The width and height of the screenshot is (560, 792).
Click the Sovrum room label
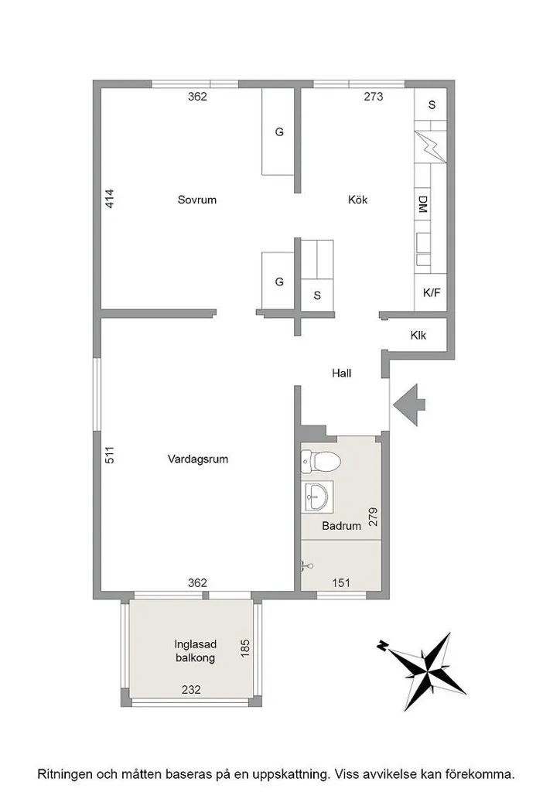197,200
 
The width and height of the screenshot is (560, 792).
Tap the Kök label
357,200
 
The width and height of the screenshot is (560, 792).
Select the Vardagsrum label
197,459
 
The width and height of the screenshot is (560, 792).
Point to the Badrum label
341,526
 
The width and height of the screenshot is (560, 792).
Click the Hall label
341,374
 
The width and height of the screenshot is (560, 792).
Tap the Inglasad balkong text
196,651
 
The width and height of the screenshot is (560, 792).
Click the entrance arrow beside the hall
409,404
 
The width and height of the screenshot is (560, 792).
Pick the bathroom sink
317,497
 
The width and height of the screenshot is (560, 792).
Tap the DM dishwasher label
423,204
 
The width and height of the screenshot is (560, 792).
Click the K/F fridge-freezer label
432,292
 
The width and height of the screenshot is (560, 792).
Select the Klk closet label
418,335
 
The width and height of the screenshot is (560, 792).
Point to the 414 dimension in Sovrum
110,199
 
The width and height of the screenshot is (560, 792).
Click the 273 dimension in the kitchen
374,97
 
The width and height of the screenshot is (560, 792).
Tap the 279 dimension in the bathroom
373,517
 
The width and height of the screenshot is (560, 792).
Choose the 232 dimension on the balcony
191,689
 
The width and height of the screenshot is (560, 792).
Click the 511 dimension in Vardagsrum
110,455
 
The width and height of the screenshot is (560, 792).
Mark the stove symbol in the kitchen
430,147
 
